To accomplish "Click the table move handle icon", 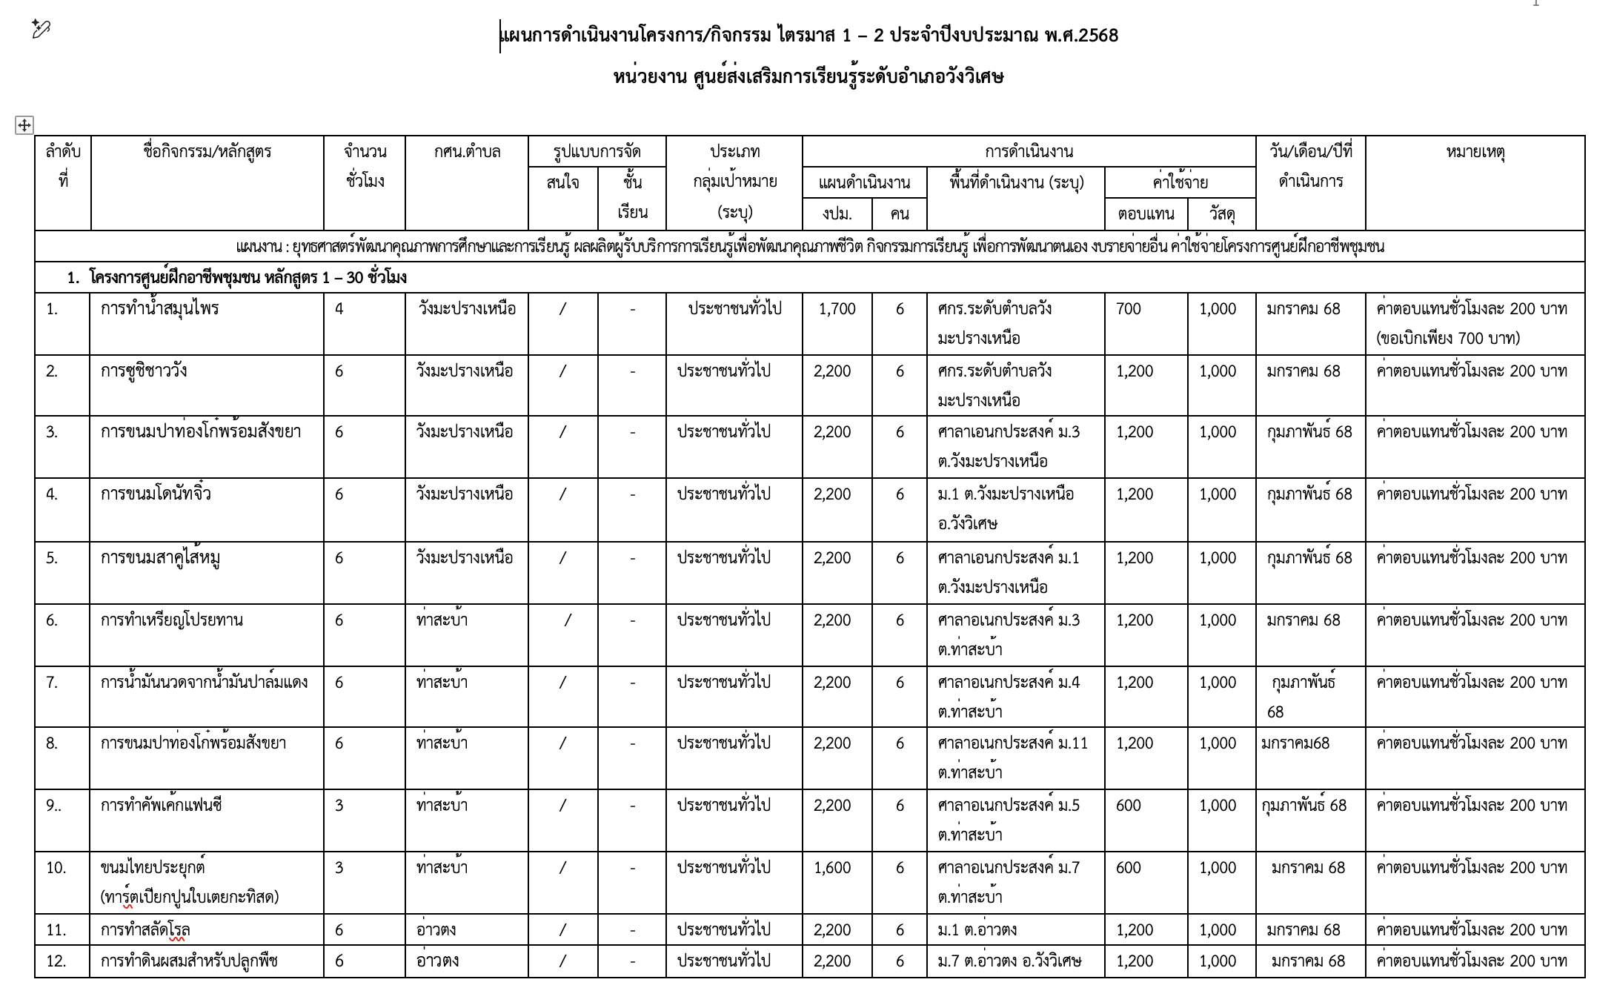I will (x=24, y=125).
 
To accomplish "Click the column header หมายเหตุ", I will (x=1475, y=152).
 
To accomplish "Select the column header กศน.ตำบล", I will (x=467, y=152).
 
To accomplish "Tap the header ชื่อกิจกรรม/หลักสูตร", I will (x=207, y=152).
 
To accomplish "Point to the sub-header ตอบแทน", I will (x=1146, y=214).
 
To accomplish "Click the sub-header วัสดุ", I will (x=1221, y=214).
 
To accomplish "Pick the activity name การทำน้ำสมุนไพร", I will (x=160, y=309).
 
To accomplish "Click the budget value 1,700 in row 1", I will (x=837, y=309).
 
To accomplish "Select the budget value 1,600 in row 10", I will (x=832, y=868).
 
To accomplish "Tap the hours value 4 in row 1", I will (x=339, y=309).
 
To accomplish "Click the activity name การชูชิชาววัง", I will (x=144, y=371).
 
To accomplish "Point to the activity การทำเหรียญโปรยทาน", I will (x=172, y=620).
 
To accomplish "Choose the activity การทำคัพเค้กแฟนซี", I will (x=162, y=806).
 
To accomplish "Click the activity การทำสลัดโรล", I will (x=145, y=930).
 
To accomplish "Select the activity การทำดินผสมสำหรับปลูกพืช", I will (x=189, y=961).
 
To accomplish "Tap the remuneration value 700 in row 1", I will (x=1129, y=309).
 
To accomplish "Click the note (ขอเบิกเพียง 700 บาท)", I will (x=1448, y=339).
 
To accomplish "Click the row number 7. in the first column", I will (x=52, y=683).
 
